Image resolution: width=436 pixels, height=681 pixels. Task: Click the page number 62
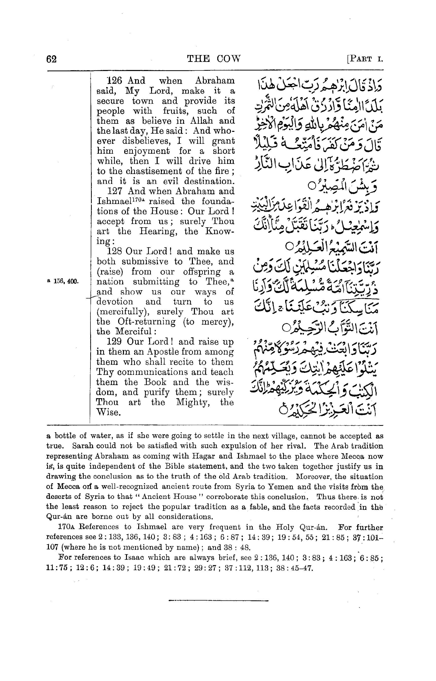51,59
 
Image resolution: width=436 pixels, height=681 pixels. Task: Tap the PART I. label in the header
365,59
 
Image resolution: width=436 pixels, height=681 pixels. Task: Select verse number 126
115,81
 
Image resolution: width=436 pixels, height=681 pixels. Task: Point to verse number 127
115,191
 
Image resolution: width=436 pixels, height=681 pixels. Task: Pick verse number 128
115,252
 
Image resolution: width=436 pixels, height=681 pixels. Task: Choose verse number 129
115,342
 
